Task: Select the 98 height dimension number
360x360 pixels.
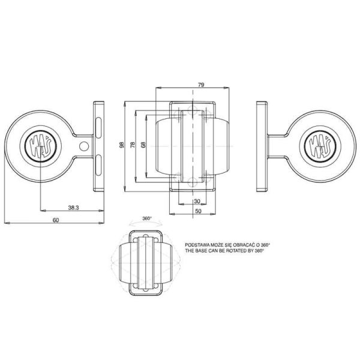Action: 121,146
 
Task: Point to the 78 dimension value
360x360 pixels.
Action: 133,146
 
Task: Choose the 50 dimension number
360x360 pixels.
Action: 197,211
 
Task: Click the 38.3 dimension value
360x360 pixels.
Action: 74,208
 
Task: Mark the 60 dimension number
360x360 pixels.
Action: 55,220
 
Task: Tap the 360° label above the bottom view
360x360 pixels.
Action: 146,218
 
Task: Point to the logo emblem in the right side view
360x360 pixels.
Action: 318,146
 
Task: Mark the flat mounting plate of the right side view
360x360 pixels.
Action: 261,146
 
